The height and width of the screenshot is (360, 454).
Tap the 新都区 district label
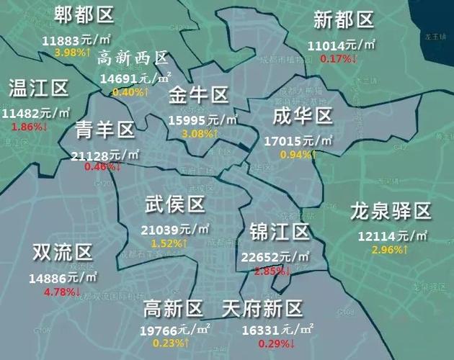coord(344,20)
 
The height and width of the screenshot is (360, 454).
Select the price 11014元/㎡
coord(342,45)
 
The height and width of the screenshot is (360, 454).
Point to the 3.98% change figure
coord(72,52)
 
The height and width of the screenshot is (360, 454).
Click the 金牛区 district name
coord(199,95)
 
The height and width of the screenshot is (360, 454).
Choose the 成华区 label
coord(303,116)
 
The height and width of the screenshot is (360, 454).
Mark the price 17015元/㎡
coord(297,141)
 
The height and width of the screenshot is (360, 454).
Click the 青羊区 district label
coord(105,130)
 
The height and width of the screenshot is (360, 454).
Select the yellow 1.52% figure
coord(170,243)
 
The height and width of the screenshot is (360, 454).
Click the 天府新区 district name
coord(261,310)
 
